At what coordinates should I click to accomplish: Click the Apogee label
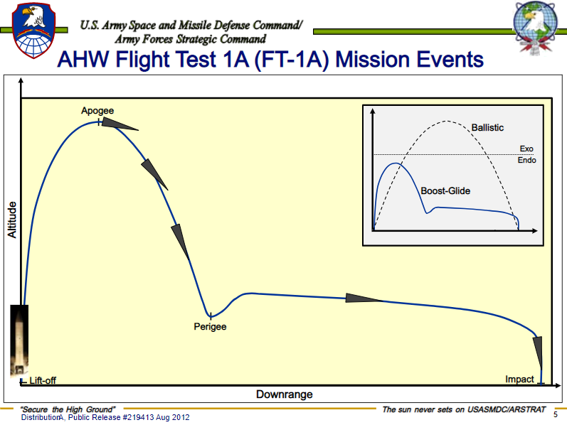(x=97, y=111)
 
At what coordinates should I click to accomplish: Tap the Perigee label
(x=210, y=327)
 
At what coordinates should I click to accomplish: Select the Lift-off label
(x=43, y=380)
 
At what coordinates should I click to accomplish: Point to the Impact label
(x=519, y=379)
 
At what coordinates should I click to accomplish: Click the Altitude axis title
(x=12, y=220)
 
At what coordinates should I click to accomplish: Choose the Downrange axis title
(x=285, y=394)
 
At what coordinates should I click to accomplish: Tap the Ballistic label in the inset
(x=487, y=128)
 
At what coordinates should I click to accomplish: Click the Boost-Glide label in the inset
(x=445, y=190)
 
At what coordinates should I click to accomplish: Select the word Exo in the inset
(x=526, y=149)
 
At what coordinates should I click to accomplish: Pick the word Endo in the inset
(x=527, y=160)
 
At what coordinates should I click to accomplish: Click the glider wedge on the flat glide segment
(x=364, y=298)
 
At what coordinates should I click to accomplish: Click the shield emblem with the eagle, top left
(x=33, y=31)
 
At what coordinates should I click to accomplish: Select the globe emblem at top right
(x=536, y=27)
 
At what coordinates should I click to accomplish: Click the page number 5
(x=556, y=414)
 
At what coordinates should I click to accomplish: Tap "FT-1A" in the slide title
(x=292, y=59)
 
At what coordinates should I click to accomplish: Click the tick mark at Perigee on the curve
(x=211, y=316)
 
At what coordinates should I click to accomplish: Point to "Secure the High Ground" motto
(x=68, y=409)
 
